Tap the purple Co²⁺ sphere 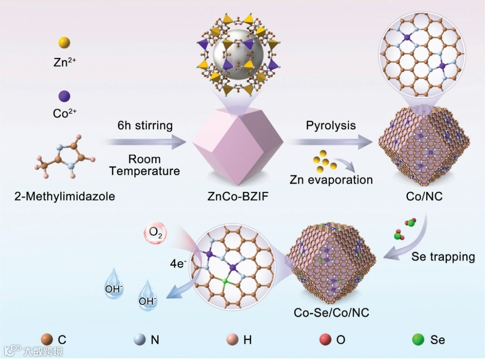pos(64,96)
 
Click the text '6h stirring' pos(145,125)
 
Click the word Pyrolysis pos(331,125)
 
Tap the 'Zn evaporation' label pos(331,180)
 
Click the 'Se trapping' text pos(443,257)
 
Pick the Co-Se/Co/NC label pos(331,312)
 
